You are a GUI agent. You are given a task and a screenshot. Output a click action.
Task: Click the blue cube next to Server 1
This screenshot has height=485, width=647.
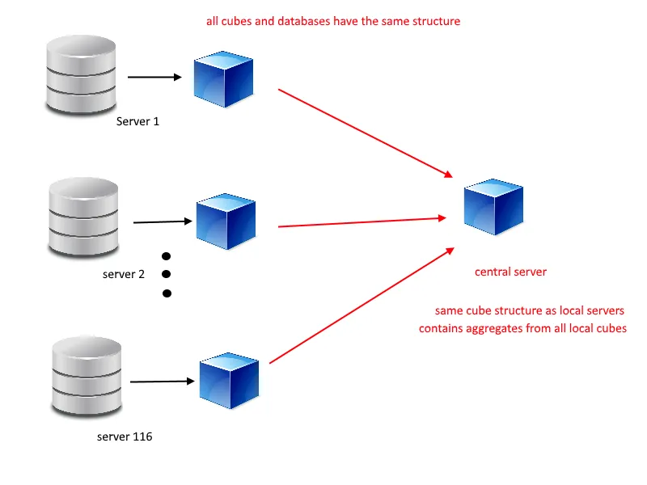(223, 79)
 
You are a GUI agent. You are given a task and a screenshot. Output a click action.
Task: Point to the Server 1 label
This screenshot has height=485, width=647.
(138, 121)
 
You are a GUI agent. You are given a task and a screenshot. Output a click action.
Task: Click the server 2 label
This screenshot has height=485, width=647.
(124, 274)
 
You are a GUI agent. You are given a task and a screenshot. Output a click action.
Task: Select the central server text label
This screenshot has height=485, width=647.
(510, 272)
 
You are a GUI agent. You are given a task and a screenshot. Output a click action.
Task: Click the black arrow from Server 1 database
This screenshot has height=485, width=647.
(155, 78)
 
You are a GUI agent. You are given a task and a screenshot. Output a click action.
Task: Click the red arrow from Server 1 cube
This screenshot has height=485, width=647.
(365, 133)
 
